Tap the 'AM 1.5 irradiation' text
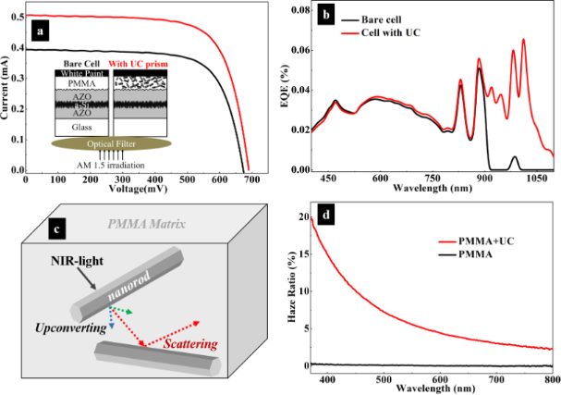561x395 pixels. click(x=112, y=164)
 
